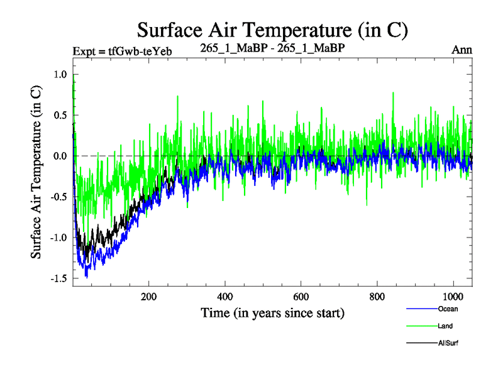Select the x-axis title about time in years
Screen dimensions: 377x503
pos(273,312)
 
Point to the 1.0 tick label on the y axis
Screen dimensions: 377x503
pos(60,74)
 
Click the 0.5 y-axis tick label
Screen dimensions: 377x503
pos(60,115)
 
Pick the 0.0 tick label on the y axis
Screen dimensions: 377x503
pos(60,156)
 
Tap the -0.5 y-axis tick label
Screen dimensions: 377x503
pos(58,197)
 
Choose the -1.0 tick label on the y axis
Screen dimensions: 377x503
pos(58,238)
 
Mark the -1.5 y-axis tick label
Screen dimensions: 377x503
pos(58,278)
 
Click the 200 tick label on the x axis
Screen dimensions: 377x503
pos(149,297)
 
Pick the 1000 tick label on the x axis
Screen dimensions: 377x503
pos(451,297)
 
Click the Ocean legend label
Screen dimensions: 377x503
pos(448,309)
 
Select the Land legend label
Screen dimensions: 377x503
pos(446,326)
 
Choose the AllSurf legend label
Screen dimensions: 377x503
pos(449,344)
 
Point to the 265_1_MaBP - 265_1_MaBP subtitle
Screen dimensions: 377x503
pos(272,48)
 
